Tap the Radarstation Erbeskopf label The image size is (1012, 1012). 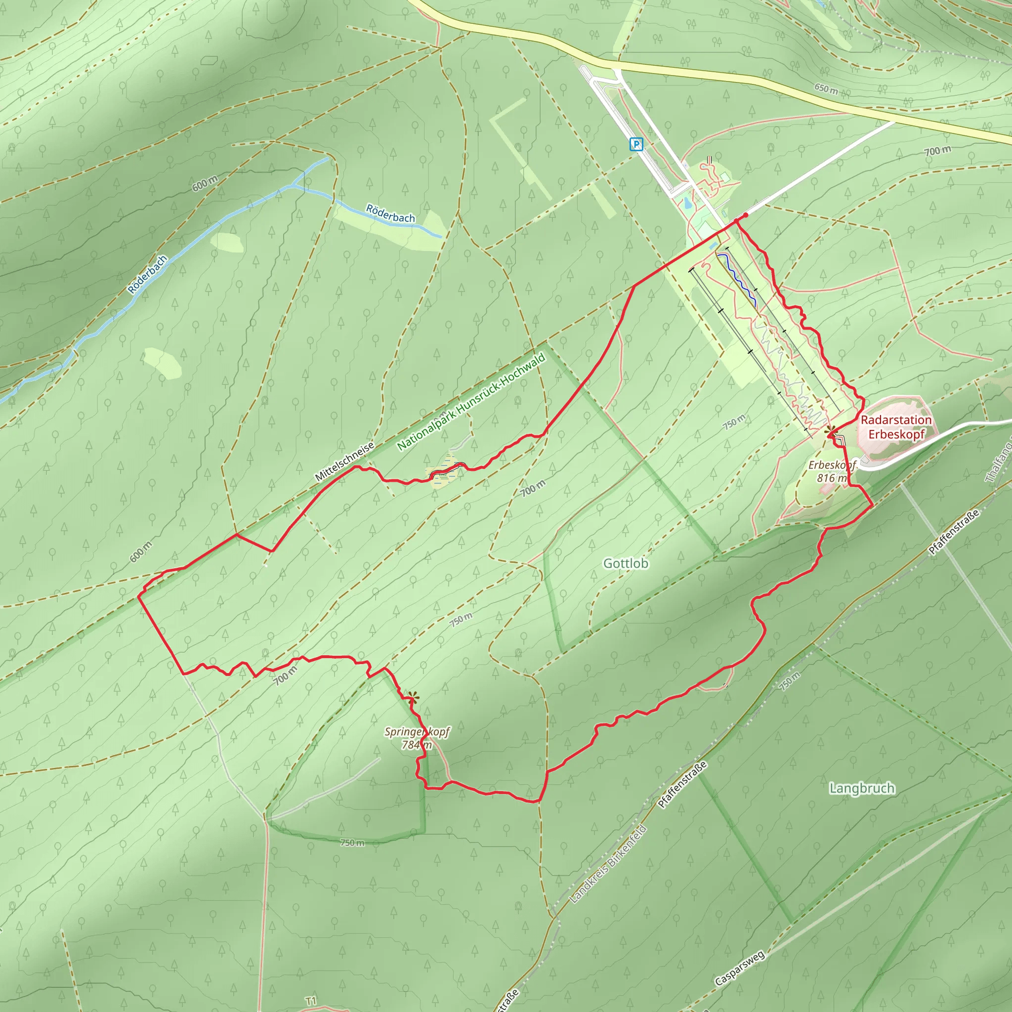(x=896, y=427)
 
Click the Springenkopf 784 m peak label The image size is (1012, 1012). (x=417, y=738)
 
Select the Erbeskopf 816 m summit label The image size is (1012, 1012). (x=832, y=471)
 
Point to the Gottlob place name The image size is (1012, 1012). (x=626, y=564)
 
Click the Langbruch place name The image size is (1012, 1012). (x=862, y=788)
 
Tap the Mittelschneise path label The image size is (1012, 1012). (x=345, y=462)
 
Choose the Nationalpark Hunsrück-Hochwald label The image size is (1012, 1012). (x=471, y=402)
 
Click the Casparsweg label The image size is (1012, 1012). (x=739, y=969)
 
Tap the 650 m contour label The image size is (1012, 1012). (x=826, y=88)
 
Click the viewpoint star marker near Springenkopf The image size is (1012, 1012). (x=413, y=697)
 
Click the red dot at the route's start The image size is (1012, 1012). (x=745, y=215)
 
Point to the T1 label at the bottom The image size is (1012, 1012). (x=311, y=1001)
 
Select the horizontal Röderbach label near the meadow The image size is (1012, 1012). (x=390, y=213)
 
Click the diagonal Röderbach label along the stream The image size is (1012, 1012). (x=148, y=274)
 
